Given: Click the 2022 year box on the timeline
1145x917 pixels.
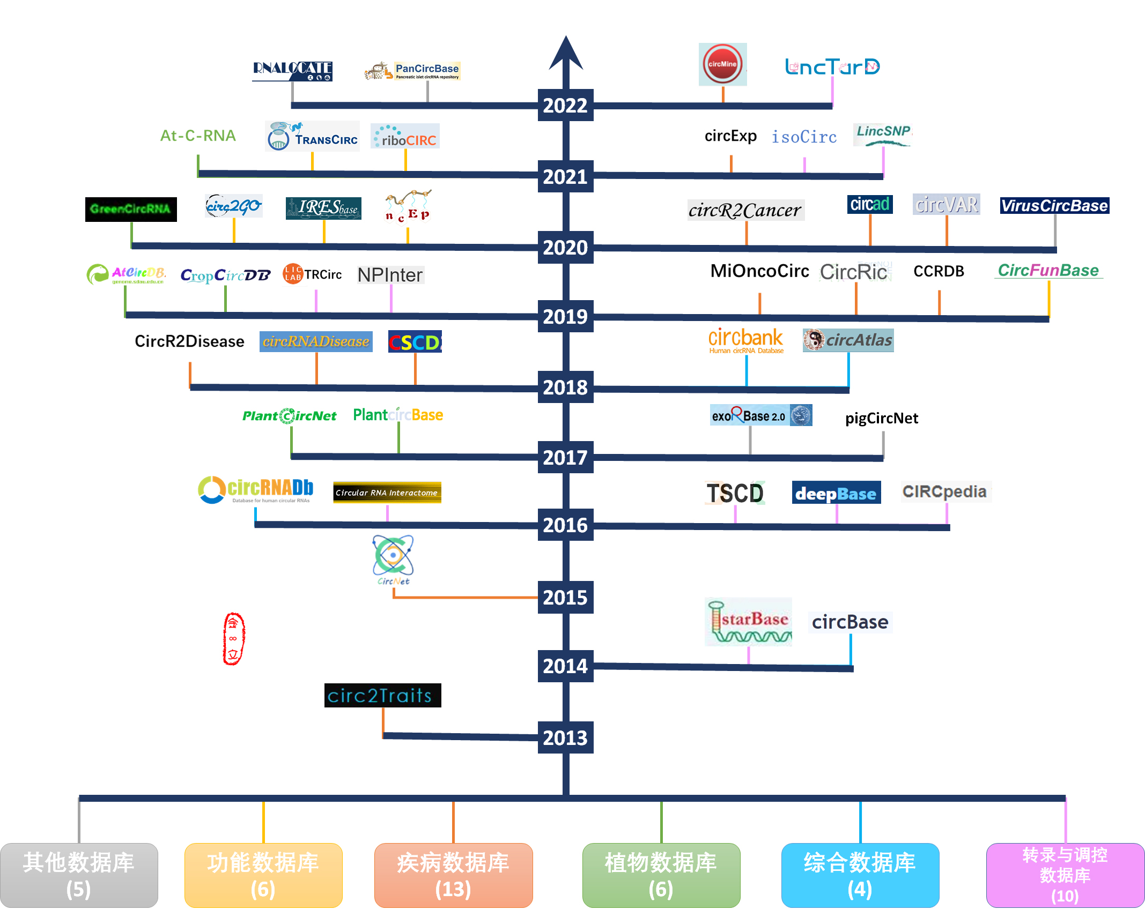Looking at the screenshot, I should click(565, 105).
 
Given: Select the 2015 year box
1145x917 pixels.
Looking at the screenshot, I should click(565, 597).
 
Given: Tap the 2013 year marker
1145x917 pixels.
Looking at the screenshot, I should click(565, 737).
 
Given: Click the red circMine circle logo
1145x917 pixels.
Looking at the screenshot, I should click(722, 64).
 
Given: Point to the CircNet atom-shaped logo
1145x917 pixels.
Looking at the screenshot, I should click(393, 556).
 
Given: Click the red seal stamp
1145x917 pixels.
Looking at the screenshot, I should click(233, 638).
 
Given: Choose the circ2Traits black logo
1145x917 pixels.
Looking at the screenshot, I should click(382, 695).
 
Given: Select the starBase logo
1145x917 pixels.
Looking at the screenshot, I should click(749, 622).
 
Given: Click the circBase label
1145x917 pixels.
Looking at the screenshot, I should click(850, 622).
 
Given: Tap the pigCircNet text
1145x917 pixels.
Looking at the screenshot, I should click(881, 418).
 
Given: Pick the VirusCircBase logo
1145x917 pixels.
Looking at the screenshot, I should click(1054, 206).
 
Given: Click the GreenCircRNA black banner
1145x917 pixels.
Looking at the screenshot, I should click(131, 209).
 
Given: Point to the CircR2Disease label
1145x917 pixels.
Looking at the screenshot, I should click(189, 341).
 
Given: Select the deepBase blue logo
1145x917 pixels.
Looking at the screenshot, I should click(836, 493).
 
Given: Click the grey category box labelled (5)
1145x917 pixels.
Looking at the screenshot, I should click(79, 875).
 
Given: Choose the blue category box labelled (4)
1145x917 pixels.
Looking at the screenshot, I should click(860, 875).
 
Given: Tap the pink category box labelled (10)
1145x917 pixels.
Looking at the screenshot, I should click(1065, 875).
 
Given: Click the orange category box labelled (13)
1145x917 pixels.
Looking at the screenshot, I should click(453, 875).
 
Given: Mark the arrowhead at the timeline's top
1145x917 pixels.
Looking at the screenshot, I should click(566, 54).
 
